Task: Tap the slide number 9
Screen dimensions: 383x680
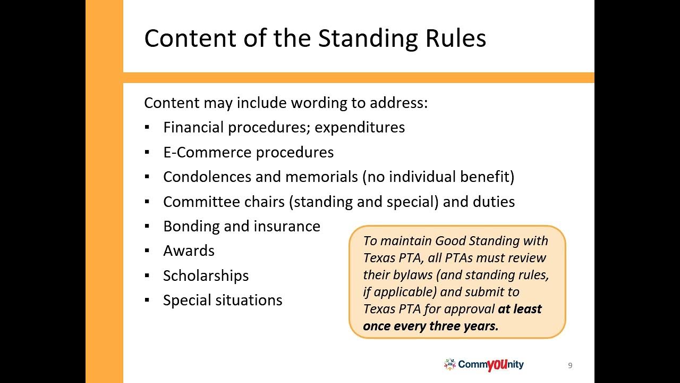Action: [x=570, y=365]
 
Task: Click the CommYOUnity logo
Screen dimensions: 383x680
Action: [x=484, y=364]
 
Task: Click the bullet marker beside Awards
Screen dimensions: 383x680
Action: [x=147, y=251]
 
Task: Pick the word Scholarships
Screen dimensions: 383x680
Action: [x=206, y=276]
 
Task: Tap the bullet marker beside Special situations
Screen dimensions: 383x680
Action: [x=147, y=301]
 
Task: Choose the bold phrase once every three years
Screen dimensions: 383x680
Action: [x=430, y=326]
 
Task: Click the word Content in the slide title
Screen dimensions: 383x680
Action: [x=189, y=38]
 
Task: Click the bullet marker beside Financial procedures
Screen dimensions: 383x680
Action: [x=147, y=128]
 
